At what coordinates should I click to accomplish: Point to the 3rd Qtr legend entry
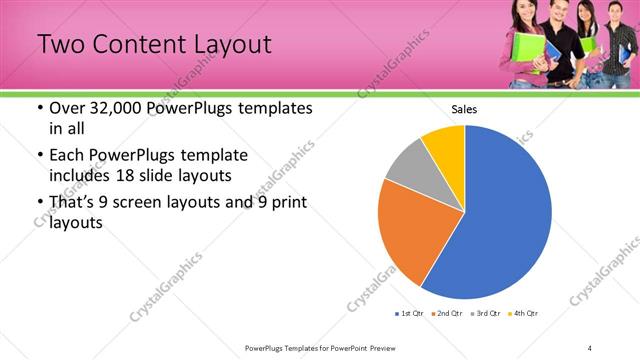484,314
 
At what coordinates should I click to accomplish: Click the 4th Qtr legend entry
522,314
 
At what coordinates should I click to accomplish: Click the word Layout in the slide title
226,45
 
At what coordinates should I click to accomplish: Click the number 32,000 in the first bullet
118,108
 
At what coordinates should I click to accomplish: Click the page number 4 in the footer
590,347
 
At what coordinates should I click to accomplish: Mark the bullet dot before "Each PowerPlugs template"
39,157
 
